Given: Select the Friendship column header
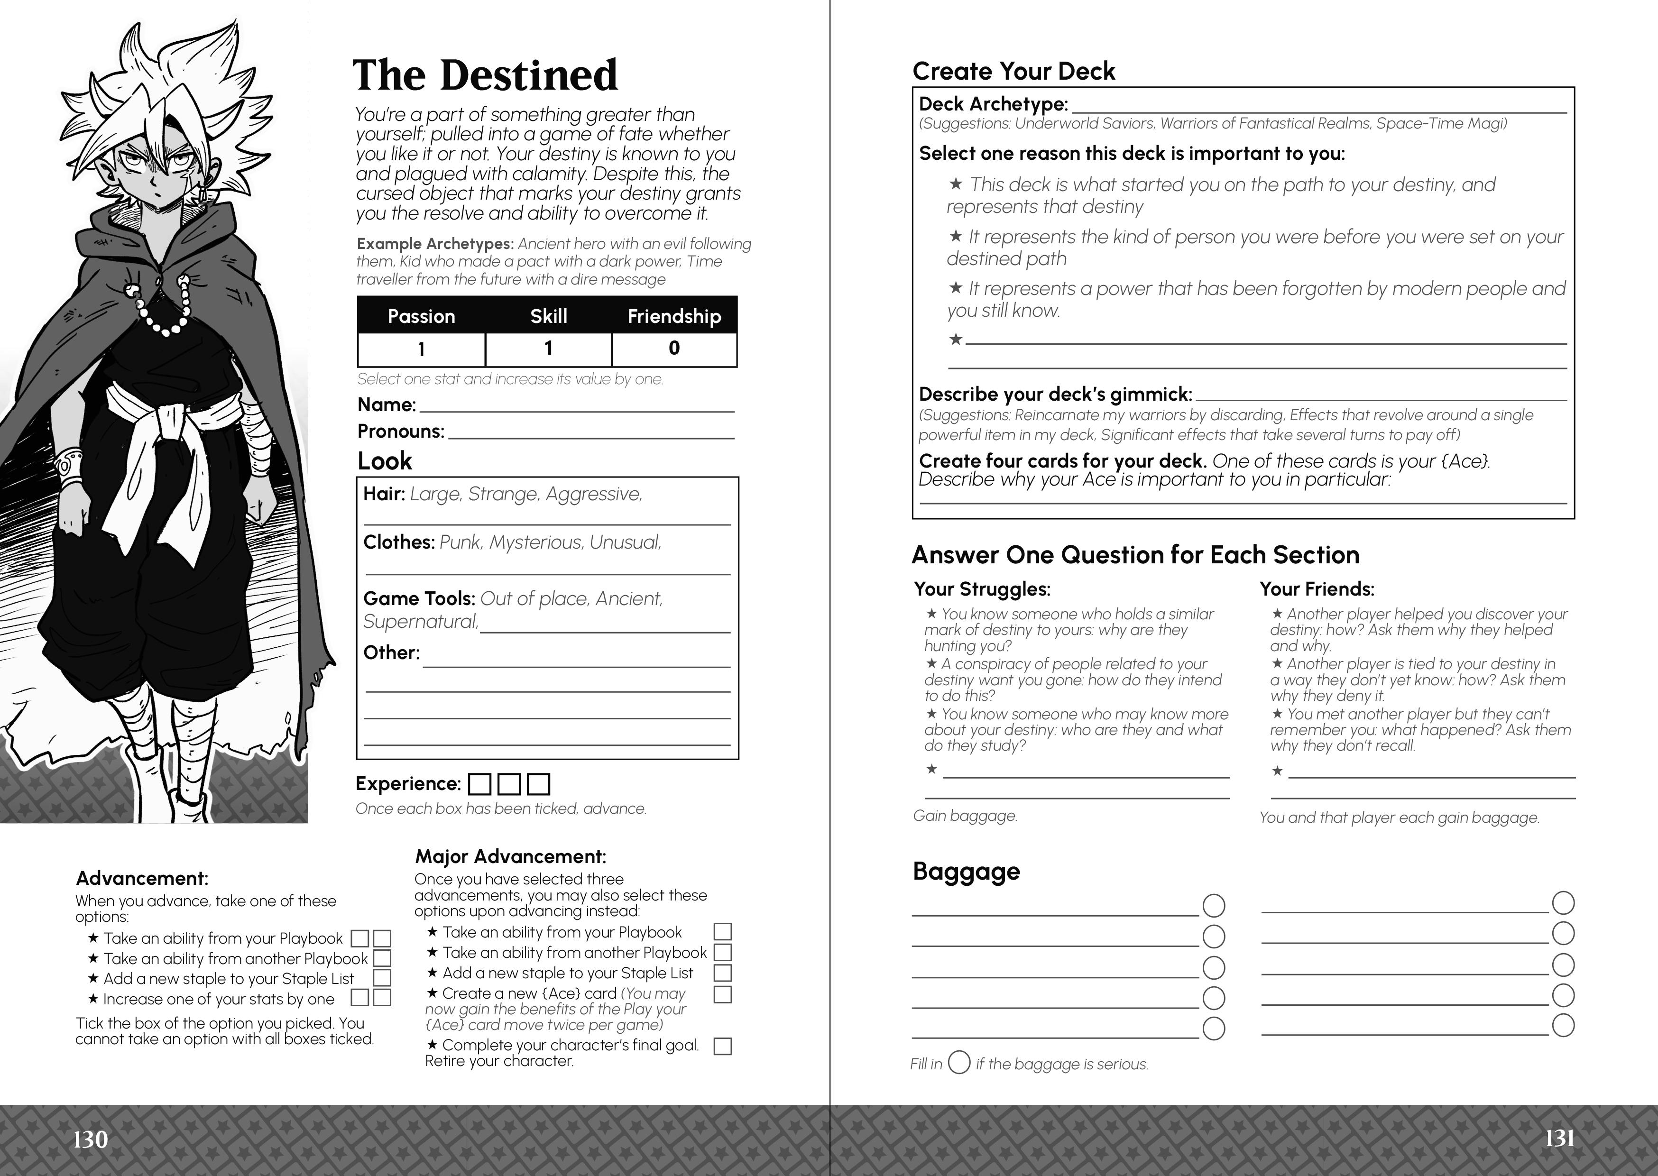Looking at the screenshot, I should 674,316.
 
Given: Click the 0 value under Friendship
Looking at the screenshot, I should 674,349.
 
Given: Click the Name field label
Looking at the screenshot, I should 387,405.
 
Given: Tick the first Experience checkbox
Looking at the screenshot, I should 479,784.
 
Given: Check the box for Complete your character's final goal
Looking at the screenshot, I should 723,1047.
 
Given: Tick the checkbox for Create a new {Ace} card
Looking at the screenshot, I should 723,994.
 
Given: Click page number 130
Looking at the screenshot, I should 91,1140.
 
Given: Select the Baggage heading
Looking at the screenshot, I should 966,871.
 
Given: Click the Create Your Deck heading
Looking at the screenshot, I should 1013,72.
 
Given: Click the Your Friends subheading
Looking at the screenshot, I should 1316,589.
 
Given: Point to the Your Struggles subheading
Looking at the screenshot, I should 982,589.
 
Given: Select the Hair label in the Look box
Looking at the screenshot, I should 384,495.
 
